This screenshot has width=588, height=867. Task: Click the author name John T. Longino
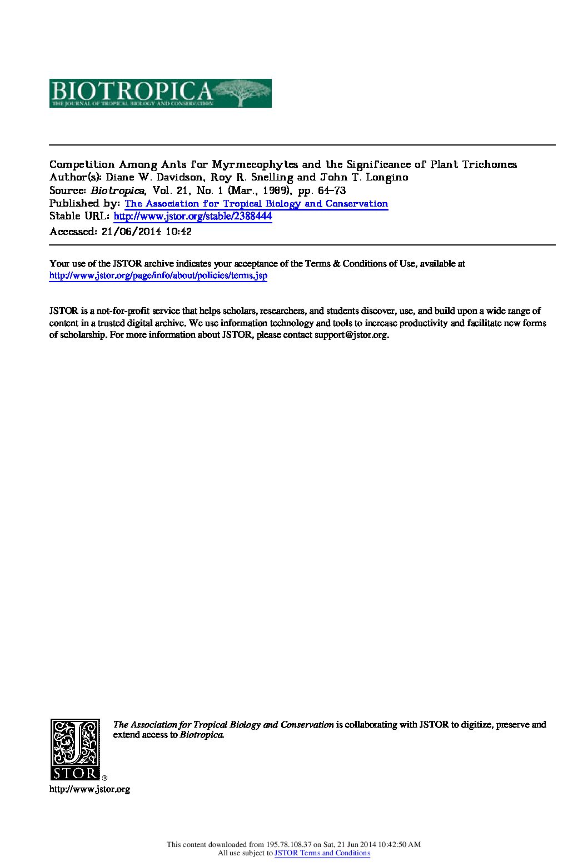click(x=363, y=178)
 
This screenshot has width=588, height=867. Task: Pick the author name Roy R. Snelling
click(x=255, y=178)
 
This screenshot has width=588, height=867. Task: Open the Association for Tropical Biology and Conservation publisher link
click(x=256, y=204)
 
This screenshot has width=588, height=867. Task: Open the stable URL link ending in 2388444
click(x=193, y=217)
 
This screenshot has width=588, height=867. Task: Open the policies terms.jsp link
click(x=158, y=276)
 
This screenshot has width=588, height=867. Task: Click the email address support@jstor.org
click(x=351, y=335)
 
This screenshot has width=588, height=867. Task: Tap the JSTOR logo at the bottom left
click(x=75, y=749)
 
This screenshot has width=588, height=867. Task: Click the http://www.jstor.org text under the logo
click(x=89, y=789)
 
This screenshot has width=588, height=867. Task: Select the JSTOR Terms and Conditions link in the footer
click(x=322, y=853)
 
